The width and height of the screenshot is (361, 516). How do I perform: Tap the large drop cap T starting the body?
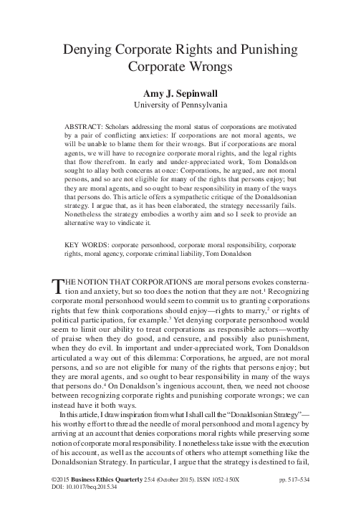[x=59, y=287]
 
